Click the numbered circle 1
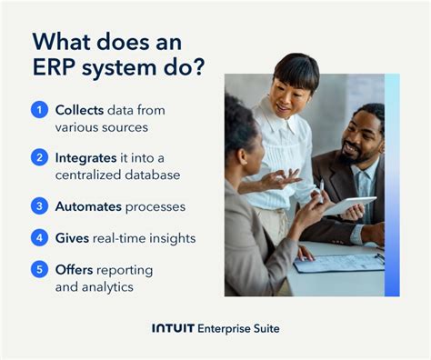39,110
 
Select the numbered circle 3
39,206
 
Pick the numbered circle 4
39,238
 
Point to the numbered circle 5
39,270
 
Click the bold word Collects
79,110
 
